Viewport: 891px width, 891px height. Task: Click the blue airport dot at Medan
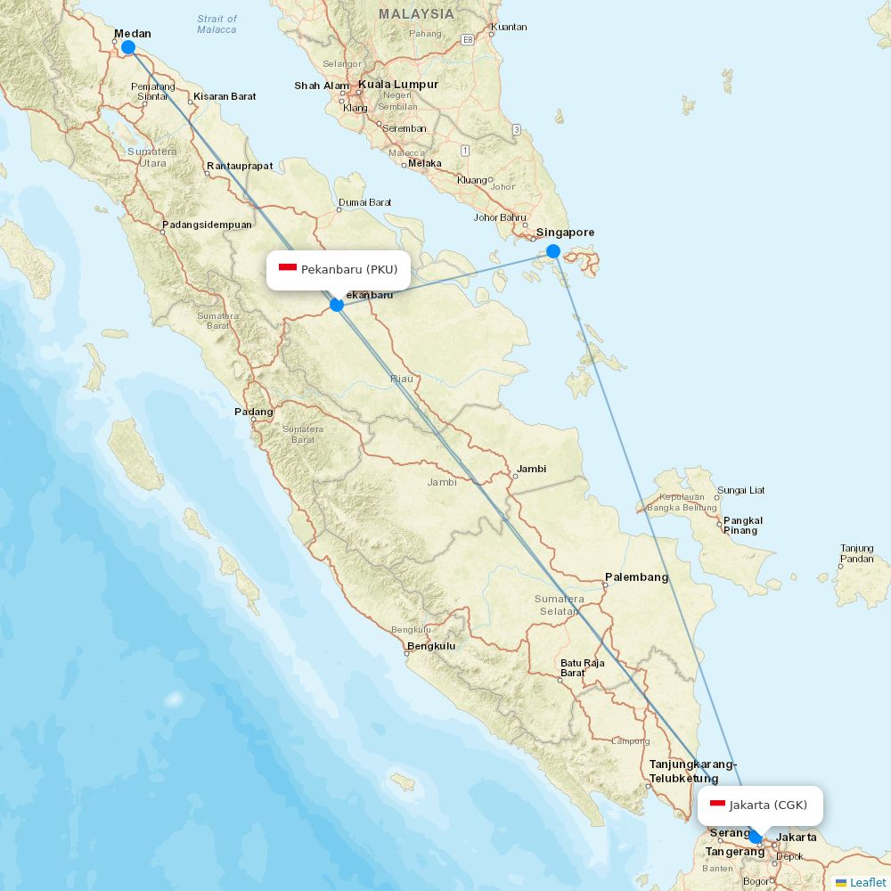[128, 47]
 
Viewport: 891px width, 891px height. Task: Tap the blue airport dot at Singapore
[553, 251]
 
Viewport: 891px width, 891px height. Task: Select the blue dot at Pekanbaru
[337, 305]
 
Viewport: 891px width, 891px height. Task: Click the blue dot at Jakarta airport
[756, 837]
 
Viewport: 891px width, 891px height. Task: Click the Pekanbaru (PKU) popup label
[339, 269]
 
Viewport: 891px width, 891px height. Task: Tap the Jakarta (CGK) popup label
[760, 805]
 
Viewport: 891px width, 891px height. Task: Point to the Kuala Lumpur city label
[398, 85]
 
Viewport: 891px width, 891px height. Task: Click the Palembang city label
[636, 577]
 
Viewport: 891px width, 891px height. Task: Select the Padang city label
[254, 412]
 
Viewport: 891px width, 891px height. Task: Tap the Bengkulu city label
[431, 646]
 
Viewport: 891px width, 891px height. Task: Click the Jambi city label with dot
[532, 469]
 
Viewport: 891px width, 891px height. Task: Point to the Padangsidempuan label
[207, 225]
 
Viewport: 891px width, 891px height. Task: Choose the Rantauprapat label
[240, 166]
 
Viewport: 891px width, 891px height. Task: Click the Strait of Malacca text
[217, 24]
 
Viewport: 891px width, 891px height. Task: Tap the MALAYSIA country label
[416, 14]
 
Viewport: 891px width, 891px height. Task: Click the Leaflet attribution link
[867, 882]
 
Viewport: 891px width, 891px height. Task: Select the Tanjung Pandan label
[856, 553]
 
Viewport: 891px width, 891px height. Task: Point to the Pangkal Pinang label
[742, 526]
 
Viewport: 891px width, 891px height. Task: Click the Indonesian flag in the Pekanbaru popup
[288, 268]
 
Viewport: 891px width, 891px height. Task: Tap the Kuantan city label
[509, 27]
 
